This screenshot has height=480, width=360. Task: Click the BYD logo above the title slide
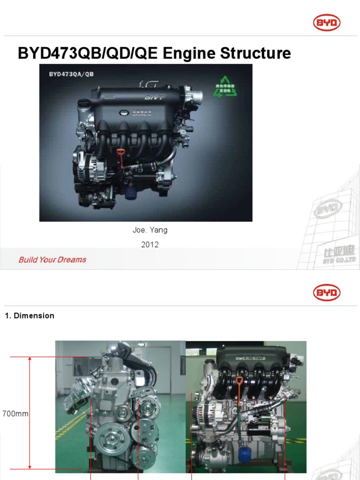(327, 22)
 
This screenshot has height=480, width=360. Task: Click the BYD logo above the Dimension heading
(327, 293)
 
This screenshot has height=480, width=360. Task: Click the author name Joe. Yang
(150, 230)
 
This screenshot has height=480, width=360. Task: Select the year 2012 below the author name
(150, 244)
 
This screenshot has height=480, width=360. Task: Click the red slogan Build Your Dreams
(52, 259)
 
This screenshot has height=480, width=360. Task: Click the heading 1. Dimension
(30, 315)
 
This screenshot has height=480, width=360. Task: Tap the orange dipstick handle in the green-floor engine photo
(239, 382)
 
